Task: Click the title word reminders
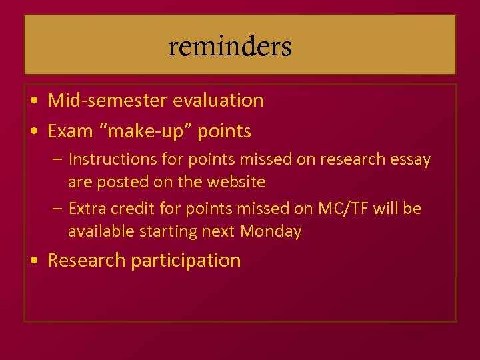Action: click(x=230, y=47)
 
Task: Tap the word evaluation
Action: click(x=218, y=101)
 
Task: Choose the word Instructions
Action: click(x=109, y=159)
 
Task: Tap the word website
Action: click(x=236, y=182)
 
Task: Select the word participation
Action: click(x=186, y=260)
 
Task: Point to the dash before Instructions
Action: click(x=57, y=160)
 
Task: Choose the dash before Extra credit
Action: click(x=57, y=209)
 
